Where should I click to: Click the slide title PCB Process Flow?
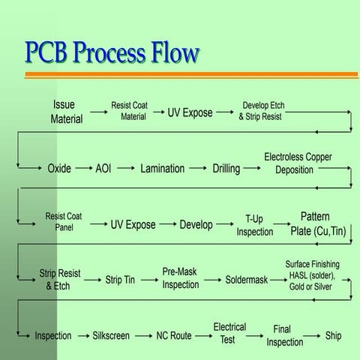[112, 52]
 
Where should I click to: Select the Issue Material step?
[67, 112]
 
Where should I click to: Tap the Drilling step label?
[226, 169]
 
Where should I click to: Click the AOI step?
[103, 169]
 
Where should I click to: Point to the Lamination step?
[162, 169]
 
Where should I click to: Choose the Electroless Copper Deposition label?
[298, 163]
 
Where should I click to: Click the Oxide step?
[59, 169]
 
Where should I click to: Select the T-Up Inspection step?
[255, 225]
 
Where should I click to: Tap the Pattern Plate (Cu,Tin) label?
[319, 224]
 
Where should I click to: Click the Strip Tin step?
[120, 280]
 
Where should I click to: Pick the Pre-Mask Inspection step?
[181, 278]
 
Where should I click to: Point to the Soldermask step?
[247, 280]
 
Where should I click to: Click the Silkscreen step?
[114, 336]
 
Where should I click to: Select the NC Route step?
[174, 336]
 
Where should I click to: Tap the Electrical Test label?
[229, 333]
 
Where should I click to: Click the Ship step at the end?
[333, 335]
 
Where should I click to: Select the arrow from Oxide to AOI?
[82, 169]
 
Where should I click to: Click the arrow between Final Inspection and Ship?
[313, 336]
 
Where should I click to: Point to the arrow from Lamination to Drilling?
[199, 169]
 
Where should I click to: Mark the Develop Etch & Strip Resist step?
[262, 111]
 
